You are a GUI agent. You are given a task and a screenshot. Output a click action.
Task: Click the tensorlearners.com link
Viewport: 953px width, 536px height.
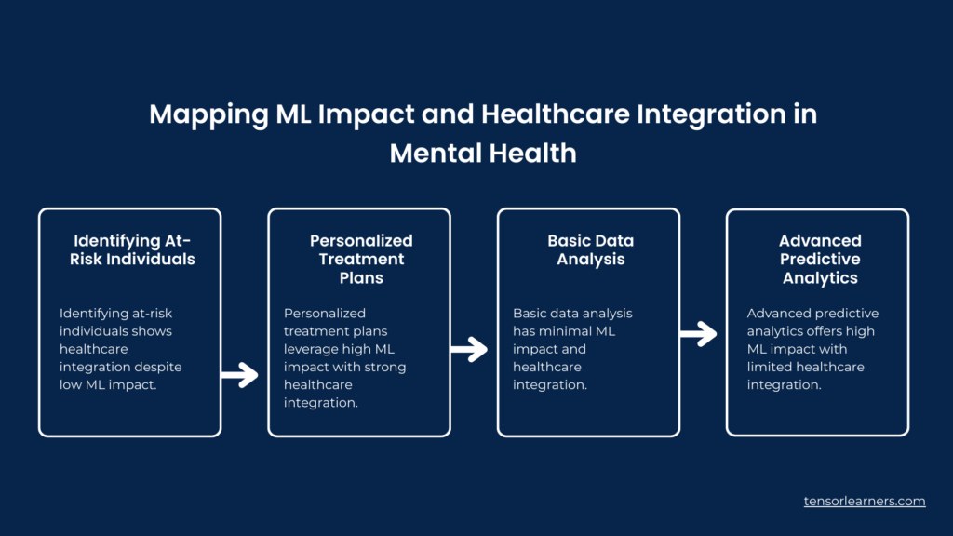click(x=865, y=502)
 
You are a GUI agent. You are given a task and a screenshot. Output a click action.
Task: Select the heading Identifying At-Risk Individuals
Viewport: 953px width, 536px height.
click(x=132, y=249)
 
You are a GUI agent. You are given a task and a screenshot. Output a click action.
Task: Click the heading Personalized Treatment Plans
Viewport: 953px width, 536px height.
click(x=361, y=259)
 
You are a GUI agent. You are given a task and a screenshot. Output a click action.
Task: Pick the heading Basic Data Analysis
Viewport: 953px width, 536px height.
click(x=591, y=249)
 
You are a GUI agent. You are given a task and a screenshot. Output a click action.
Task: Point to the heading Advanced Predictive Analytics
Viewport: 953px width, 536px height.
click(x=820, y=259)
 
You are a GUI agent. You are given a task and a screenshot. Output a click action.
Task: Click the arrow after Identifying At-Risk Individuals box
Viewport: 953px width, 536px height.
click(x=239, y=375)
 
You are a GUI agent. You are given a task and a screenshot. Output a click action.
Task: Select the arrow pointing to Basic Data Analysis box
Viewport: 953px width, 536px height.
click(x=469, y=349)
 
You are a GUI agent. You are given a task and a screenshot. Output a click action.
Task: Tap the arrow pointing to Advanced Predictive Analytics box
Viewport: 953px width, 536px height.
click(x=698, y=334)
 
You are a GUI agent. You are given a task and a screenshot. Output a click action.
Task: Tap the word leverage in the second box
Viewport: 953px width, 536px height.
click(x=311, y=350)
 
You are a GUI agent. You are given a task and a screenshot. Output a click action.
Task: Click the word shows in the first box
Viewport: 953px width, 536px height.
click(x=154, y=331)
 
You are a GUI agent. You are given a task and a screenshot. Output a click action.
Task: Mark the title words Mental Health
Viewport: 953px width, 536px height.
click(x=483, y=154)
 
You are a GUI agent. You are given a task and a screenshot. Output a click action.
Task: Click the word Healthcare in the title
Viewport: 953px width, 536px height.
click(x=555, y=114)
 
